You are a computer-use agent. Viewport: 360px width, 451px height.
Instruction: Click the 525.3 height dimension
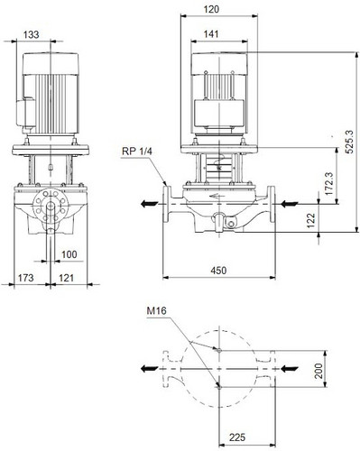(349, 142)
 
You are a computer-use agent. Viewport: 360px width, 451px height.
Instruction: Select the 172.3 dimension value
(329, 184)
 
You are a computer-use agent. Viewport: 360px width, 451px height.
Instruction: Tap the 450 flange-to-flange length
(218, 271)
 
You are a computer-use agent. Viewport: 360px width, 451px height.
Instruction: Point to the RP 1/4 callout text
(137, 151)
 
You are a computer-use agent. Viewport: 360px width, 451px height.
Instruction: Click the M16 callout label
(156, 310)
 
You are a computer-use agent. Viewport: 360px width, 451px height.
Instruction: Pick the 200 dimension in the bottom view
(318, 371)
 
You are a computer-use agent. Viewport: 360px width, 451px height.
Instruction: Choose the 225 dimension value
(237, 437)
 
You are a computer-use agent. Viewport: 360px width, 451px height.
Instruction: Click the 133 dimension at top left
(32, 34)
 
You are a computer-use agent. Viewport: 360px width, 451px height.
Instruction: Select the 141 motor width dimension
(211, 34)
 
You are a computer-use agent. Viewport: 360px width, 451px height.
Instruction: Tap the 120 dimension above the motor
(211, 9)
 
